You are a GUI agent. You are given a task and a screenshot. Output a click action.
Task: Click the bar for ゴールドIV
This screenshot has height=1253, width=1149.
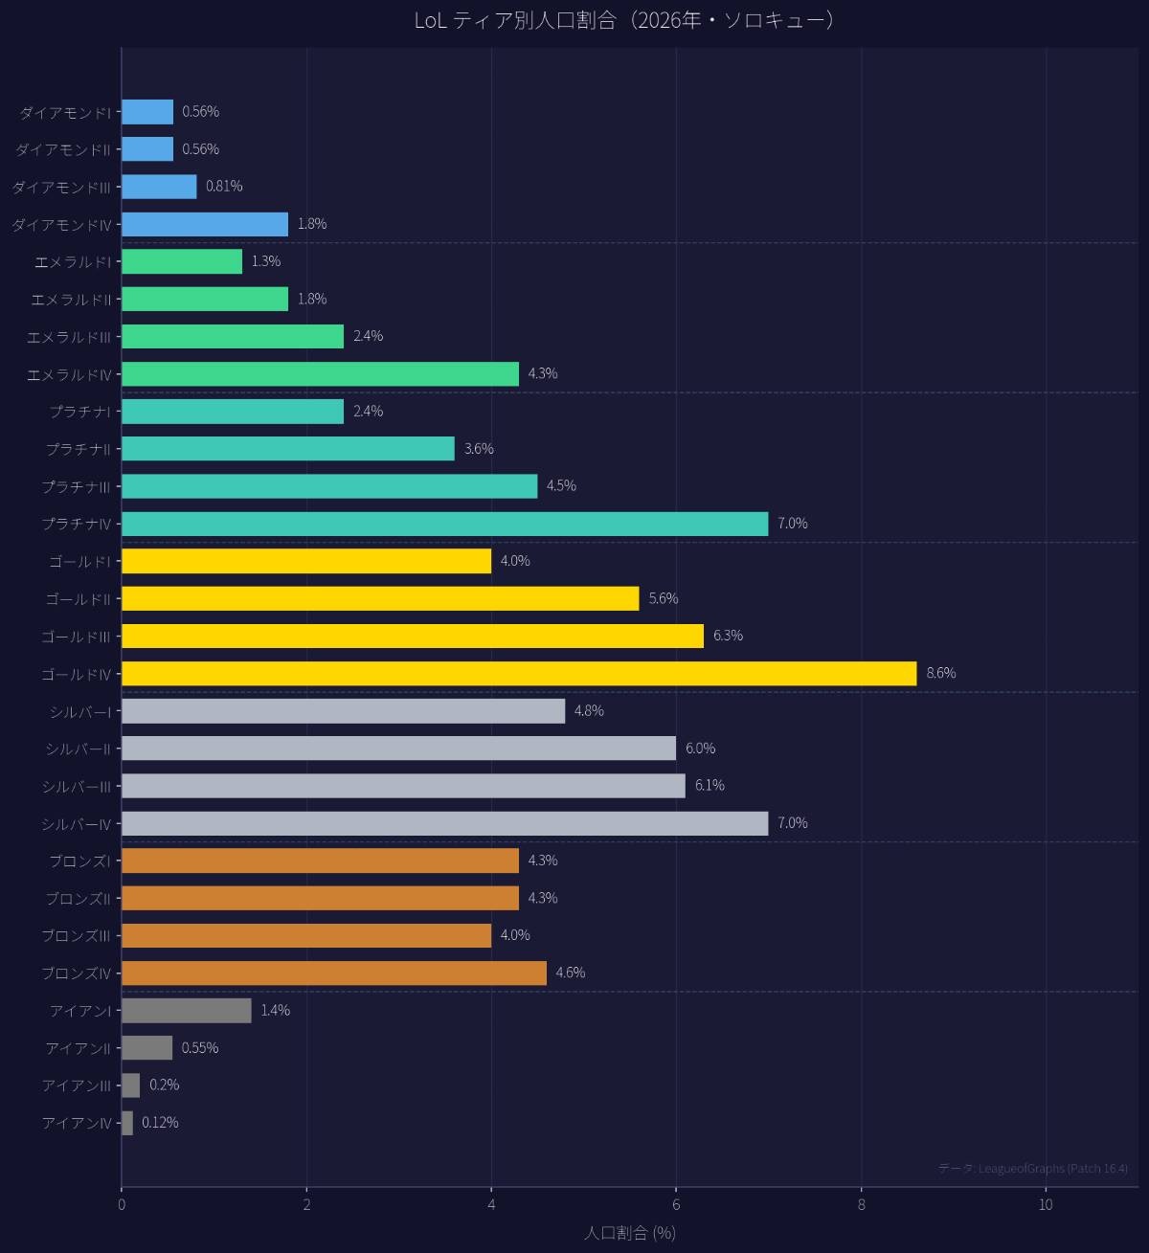coord(518,674)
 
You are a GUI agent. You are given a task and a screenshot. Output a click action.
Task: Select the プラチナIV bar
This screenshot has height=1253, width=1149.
coord(444,524)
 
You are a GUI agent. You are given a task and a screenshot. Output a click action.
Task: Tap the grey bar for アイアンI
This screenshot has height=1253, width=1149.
coord(186,1011)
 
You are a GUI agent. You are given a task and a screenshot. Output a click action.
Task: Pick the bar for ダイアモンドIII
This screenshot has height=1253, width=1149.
coord(159,187)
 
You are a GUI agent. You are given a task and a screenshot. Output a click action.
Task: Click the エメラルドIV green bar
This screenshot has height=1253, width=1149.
coord(320,374)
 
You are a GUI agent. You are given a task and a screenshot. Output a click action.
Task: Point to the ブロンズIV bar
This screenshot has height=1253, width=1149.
coord(333,973)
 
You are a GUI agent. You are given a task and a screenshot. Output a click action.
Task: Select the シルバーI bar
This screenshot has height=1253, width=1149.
coord(343,711)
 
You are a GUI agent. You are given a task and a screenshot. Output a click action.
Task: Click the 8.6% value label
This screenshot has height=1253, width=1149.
coord(940,673)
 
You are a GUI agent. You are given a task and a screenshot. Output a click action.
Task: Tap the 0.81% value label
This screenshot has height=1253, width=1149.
coord(224,186)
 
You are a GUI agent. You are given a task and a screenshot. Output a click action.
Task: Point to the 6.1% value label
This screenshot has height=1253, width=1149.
coord(710,785)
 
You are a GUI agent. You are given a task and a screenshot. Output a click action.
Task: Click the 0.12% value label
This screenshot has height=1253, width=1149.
coord(160,1122)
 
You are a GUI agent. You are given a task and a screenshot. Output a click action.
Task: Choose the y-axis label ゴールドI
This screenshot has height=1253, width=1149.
coord(79,562)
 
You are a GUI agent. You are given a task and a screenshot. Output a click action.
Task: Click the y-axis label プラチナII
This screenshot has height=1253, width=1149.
coord(78,449)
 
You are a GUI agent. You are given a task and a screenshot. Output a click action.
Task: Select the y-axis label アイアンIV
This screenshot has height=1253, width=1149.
coord(77,1124)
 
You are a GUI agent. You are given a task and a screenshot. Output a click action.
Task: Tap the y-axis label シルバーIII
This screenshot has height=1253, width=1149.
coord(77,787)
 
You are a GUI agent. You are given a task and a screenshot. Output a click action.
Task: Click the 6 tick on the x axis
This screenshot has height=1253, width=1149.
coord(676,1205)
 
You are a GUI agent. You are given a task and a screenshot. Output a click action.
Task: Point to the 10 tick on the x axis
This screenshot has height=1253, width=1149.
coord(1046,1205)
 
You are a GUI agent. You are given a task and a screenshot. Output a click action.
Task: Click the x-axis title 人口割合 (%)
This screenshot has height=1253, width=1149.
coord(629,1233)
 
